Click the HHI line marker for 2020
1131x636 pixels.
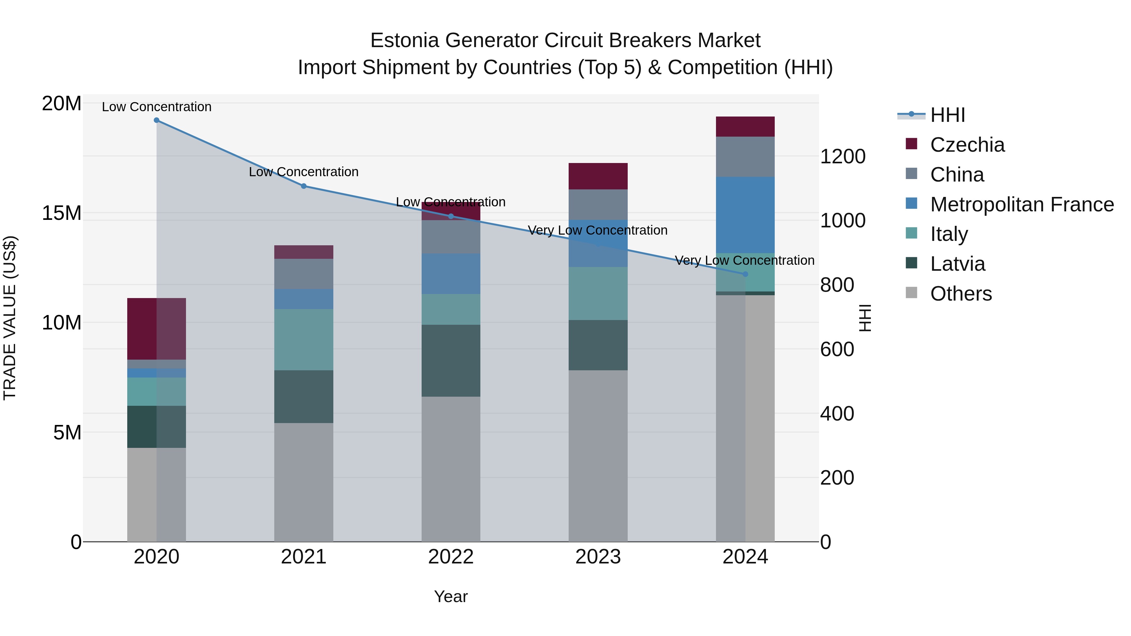click(x=156, y=120)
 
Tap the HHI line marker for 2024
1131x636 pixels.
click(x=745, y=274)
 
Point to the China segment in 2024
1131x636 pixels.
click(x=745, y=157)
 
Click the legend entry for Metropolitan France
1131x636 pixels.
click(x=1022, y=204)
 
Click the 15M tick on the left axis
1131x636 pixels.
click(x=62, y=213)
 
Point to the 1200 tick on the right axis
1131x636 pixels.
click(x=843, y=157)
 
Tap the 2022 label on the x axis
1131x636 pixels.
click(x=451, y=557)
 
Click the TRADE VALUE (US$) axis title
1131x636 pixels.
click(x=10, y=318)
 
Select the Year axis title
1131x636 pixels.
click(x=451, y=596)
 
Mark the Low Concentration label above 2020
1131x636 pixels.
click(x=156, y=107)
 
